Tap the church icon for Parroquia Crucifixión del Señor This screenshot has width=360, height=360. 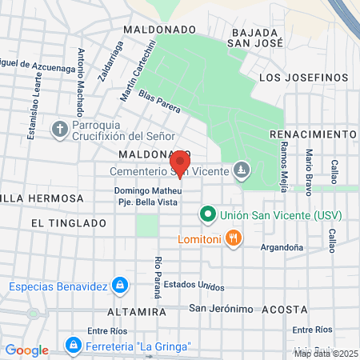click(60, 128)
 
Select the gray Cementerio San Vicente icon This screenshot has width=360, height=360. click(242, 170)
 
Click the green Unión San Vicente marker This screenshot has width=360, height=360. click(207, 214)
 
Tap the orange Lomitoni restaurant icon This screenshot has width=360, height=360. click(233, 237)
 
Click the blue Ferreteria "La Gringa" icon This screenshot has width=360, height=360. click(73, 345)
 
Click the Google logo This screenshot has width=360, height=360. click(26, 350)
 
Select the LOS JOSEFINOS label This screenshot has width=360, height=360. click(304, 78)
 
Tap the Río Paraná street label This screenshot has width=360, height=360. click(158, 275)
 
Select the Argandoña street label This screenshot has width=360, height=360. click(282, 247)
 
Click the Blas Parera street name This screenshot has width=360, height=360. click(160, 100)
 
